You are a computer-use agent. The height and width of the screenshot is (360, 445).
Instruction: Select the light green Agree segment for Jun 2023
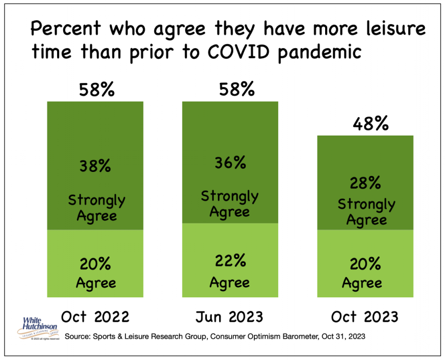click(x=230, y=243)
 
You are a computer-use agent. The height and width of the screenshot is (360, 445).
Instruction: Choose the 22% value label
click(x=231, y=261)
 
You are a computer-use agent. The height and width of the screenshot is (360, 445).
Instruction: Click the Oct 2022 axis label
click(x=96, y=317)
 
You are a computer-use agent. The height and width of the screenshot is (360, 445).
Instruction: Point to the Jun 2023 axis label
click(x=230, y=317)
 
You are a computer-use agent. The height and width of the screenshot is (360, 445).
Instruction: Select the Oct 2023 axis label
click(x=365, y=317)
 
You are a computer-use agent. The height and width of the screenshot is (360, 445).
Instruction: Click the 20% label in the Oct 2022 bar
click(x=96, y=264)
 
